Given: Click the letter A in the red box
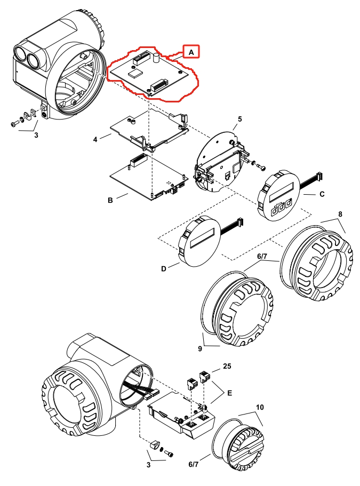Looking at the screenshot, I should [x=191, y=52].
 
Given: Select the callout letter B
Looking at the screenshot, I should [x=110, y=201].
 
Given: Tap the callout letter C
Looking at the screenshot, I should [x=322, y=194].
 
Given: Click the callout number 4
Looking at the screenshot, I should [x=95, y=139].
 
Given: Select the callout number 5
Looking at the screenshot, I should [x=240, y=119].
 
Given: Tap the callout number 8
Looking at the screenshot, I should [x=340, y=214].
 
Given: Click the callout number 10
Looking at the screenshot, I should [x=260, y=407].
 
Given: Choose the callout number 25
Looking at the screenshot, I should [x=228, y=367].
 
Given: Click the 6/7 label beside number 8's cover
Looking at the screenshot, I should [x=262, y=256].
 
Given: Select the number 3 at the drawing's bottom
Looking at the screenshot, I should [x=149, y=465].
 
